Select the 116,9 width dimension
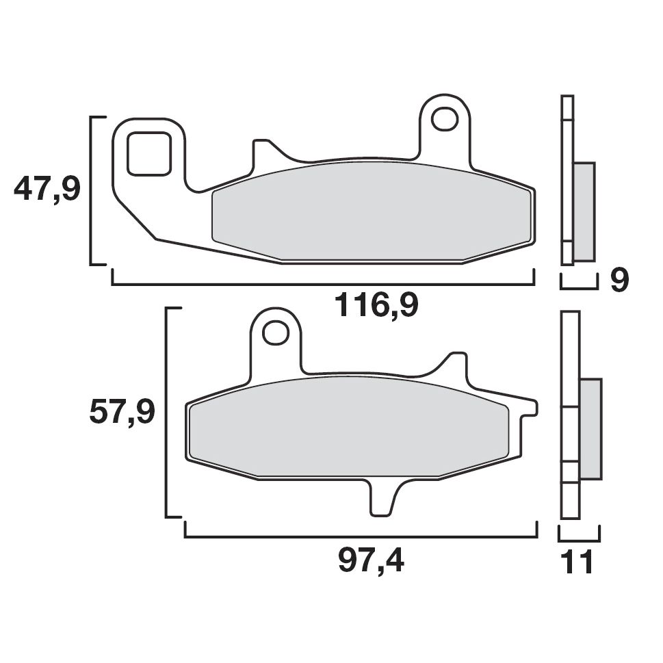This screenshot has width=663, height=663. tap(376, 305)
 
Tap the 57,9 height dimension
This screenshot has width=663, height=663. tap(122, 413)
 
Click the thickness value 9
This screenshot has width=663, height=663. tap(619, 281)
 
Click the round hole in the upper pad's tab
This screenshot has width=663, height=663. tap(445, 118)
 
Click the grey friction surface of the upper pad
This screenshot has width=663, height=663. tap(373, 212)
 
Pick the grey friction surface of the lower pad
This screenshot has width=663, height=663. tap(349, 428)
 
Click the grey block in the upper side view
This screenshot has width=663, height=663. tap(584, 211)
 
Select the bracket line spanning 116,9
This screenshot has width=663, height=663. tap(322, 283)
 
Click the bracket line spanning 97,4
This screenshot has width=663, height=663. tap(361, 537)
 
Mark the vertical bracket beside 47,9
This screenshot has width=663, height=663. tap(92, 190)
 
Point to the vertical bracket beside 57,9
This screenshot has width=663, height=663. tap(168, 413)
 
